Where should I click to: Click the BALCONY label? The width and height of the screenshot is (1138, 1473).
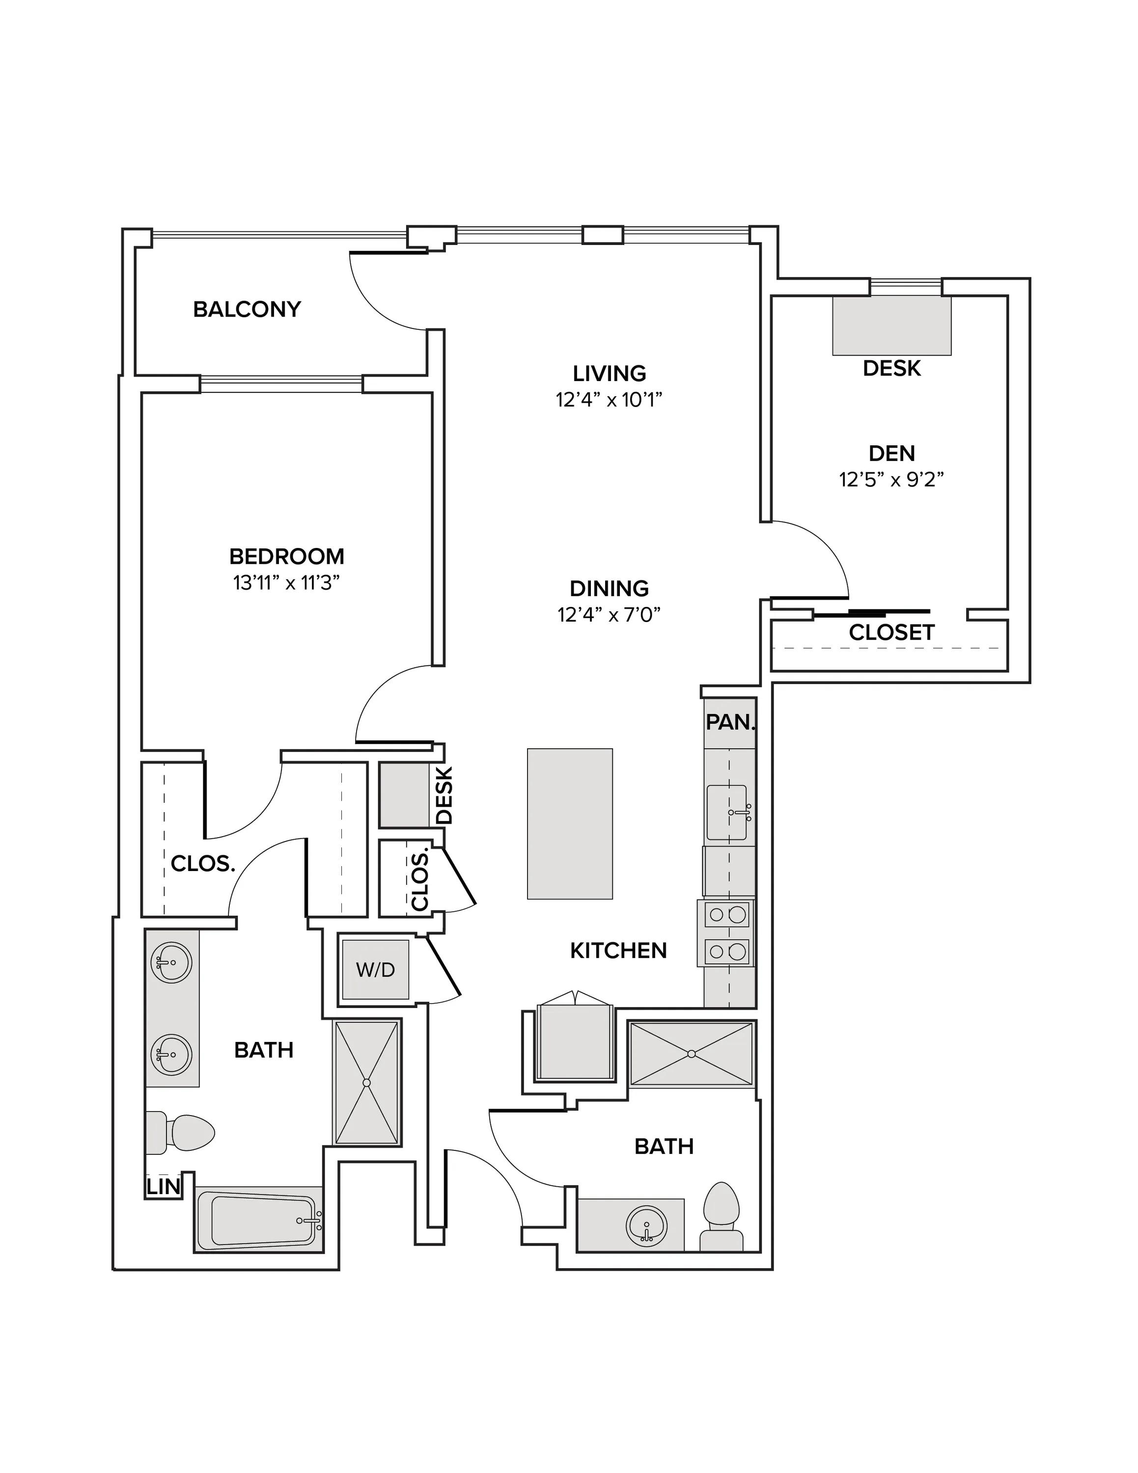(x=247, y=309)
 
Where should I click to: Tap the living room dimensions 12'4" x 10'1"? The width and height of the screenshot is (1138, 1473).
(x=609, y=400)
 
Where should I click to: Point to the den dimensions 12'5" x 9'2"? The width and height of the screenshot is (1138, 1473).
(x=891, y=480)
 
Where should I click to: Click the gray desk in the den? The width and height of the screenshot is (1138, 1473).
(x=892, y=326)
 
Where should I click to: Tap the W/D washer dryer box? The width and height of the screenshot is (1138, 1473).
(x=375, y=970)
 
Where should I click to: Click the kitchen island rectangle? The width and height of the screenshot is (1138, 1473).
(x=570, y=823)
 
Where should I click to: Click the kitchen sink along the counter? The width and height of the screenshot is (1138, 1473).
(x=727, y=813)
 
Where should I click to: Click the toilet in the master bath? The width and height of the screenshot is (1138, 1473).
(x=180, y=1133)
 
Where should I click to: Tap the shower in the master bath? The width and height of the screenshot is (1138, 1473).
(x=367, y=1083)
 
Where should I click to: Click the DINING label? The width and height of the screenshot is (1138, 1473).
(x=609, y=588)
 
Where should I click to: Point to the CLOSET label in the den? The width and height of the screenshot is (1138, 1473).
(x=891, y=632)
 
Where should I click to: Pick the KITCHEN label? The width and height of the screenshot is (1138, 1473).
(x=618, y=950)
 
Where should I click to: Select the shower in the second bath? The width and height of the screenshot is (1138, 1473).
(x=691, y=1054)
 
